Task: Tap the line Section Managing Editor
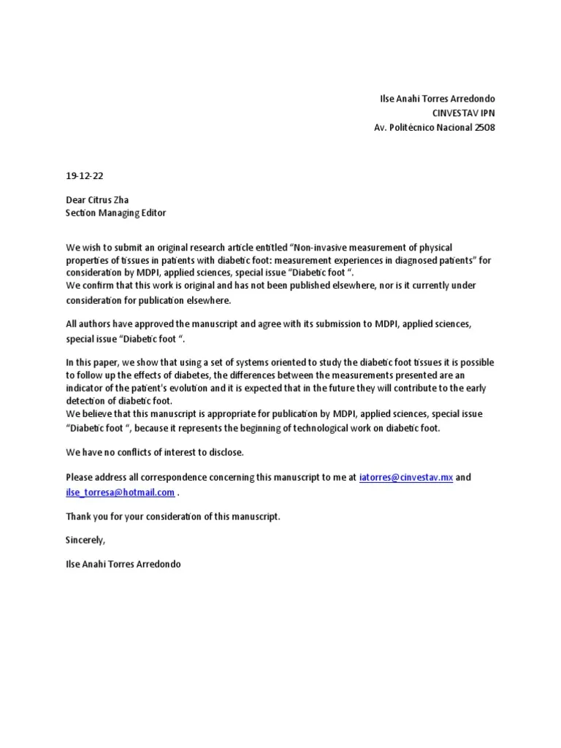pyautogui.click(x=115, y=213)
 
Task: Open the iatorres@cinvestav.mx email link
pyautogui.click(x=406, y=478)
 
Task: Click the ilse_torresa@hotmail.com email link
pyautogui.click(x=120, y=492)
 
